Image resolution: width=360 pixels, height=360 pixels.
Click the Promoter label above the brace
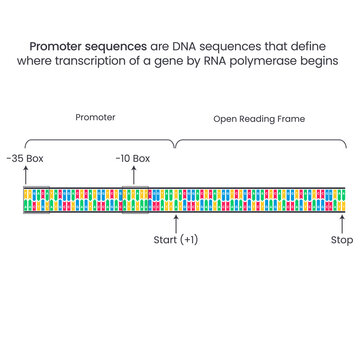[x=96, y=118]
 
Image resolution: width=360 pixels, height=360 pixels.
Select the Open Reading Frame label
[x=259, y=118]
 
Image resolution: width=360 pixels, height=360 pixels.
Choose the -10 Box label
[x=132, y=159]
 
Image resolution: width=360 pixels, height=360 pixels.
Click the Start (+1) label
[x=176, y=240]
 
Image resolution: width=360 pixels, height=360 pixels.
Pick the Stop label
[x=342, y=240]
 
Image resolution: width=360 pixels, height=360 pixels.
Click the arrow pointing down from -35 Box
[x=25, y=175]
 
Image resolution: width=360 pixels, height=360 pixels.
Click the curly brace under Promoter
[x=96, y=140]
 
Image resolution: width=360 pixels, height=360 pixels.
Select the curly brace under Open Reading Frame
[x=260, y=140]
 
